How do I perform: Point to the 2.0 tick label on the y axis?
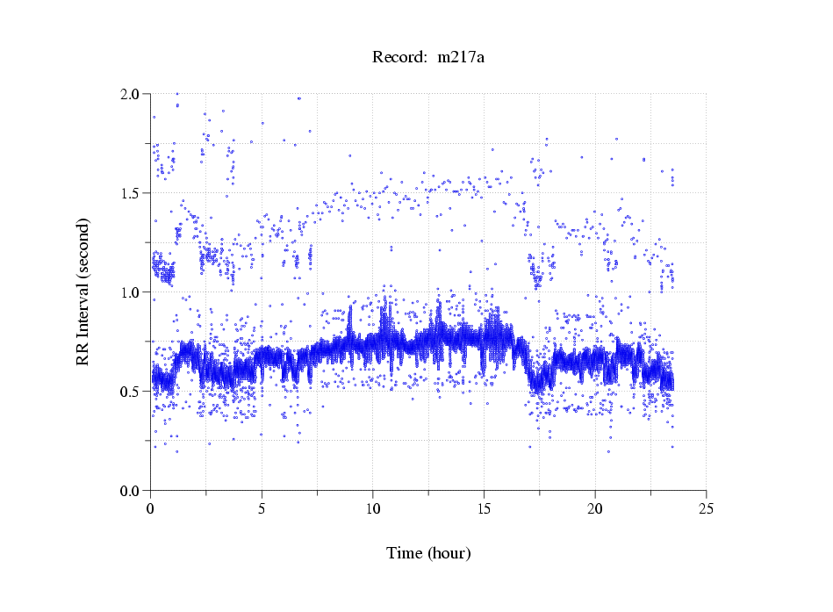tap(133, 93)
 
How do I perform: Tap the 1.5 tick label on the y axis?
tap(133, 192)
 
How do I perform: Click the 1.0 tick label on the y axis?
tap(133, 292)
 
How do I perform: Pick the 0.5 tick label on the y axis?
tap(133, 391)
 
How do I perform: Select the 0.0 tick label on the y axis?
tap(133, 490)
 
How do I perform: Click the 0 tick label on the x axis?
tap(151, 508)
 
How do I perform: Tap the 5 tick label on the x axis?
tap(262, 508)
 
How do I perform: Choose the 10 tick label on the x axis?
tap(373, 508)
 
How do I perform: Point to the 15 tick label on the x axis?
tap(485, 508)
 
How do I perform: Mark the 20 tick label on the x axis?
tap(595, 508)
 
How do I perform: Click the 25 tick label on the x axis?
tap(707, 508)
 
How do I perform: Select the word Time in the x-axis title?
tap(404, 553)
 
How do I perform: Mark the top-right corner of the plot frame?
tap(707, 93)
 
